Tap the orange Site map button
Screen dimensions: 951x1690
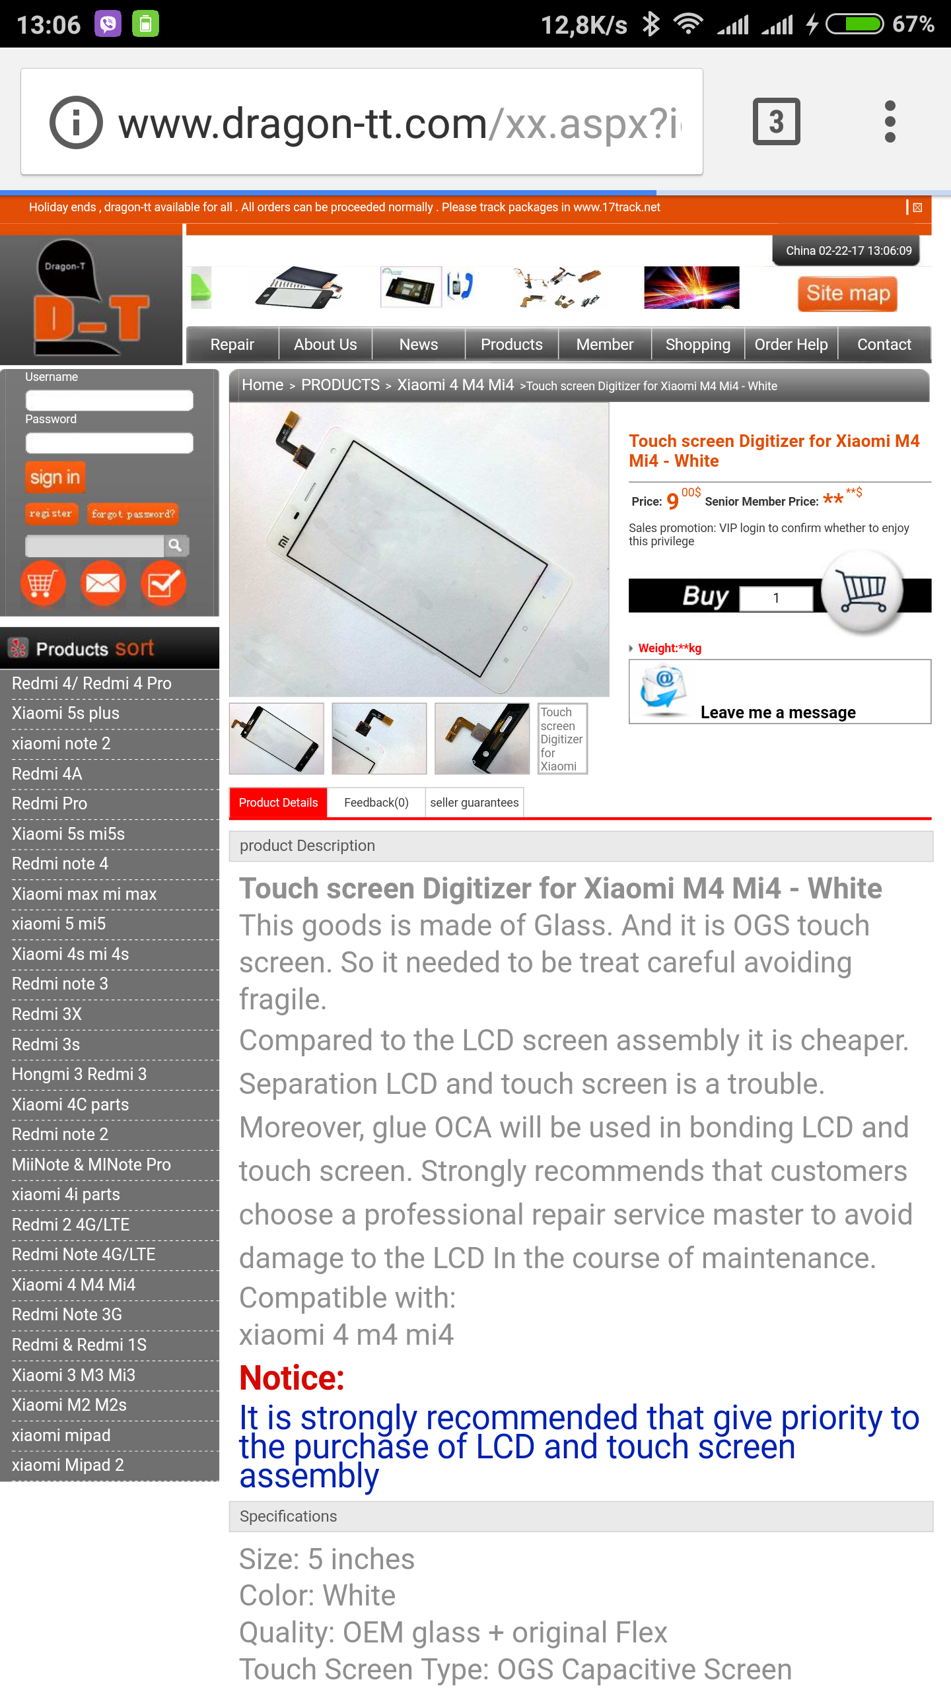pos(847,293)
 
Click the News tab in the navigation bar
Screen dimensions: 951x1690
pos(419,345)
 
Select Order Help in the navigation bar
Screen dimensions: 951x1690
pos(791,345)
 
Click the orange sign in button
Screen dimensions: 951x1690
pos(55,477)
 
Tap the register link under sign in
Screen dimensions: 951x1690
pos(51,514)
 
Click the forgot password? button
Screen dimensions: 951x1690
pos(133,514)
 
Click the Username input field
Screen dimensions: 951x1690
pos(109,400)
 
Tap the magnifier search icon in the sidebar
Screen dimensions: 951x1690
pos(176,545)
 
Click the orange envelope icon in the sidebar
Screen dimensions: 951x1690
pos(103,584)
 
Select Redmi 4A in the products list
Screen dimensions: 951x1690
pos(47,774)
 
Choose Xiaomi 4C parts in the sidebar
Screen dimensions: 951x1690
pos(70,1104)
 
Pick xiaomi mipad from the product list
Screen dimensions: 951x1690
pos(61,1435)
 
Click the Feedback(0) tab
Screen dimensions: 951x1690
pos(376,803)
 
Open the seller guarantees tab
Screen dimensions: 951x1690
pos(474,803)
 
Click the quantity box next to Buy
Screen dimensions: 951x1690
pos(776,598)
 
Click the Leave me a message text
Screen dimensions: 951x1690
pos(778,712)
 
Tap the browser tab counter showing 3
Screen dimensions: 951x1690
pos(777,121)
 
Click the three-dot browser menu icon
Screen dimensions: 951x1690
pos(890,121)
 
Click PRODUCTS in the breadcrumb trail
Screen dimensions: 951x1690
pos(340,385)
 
